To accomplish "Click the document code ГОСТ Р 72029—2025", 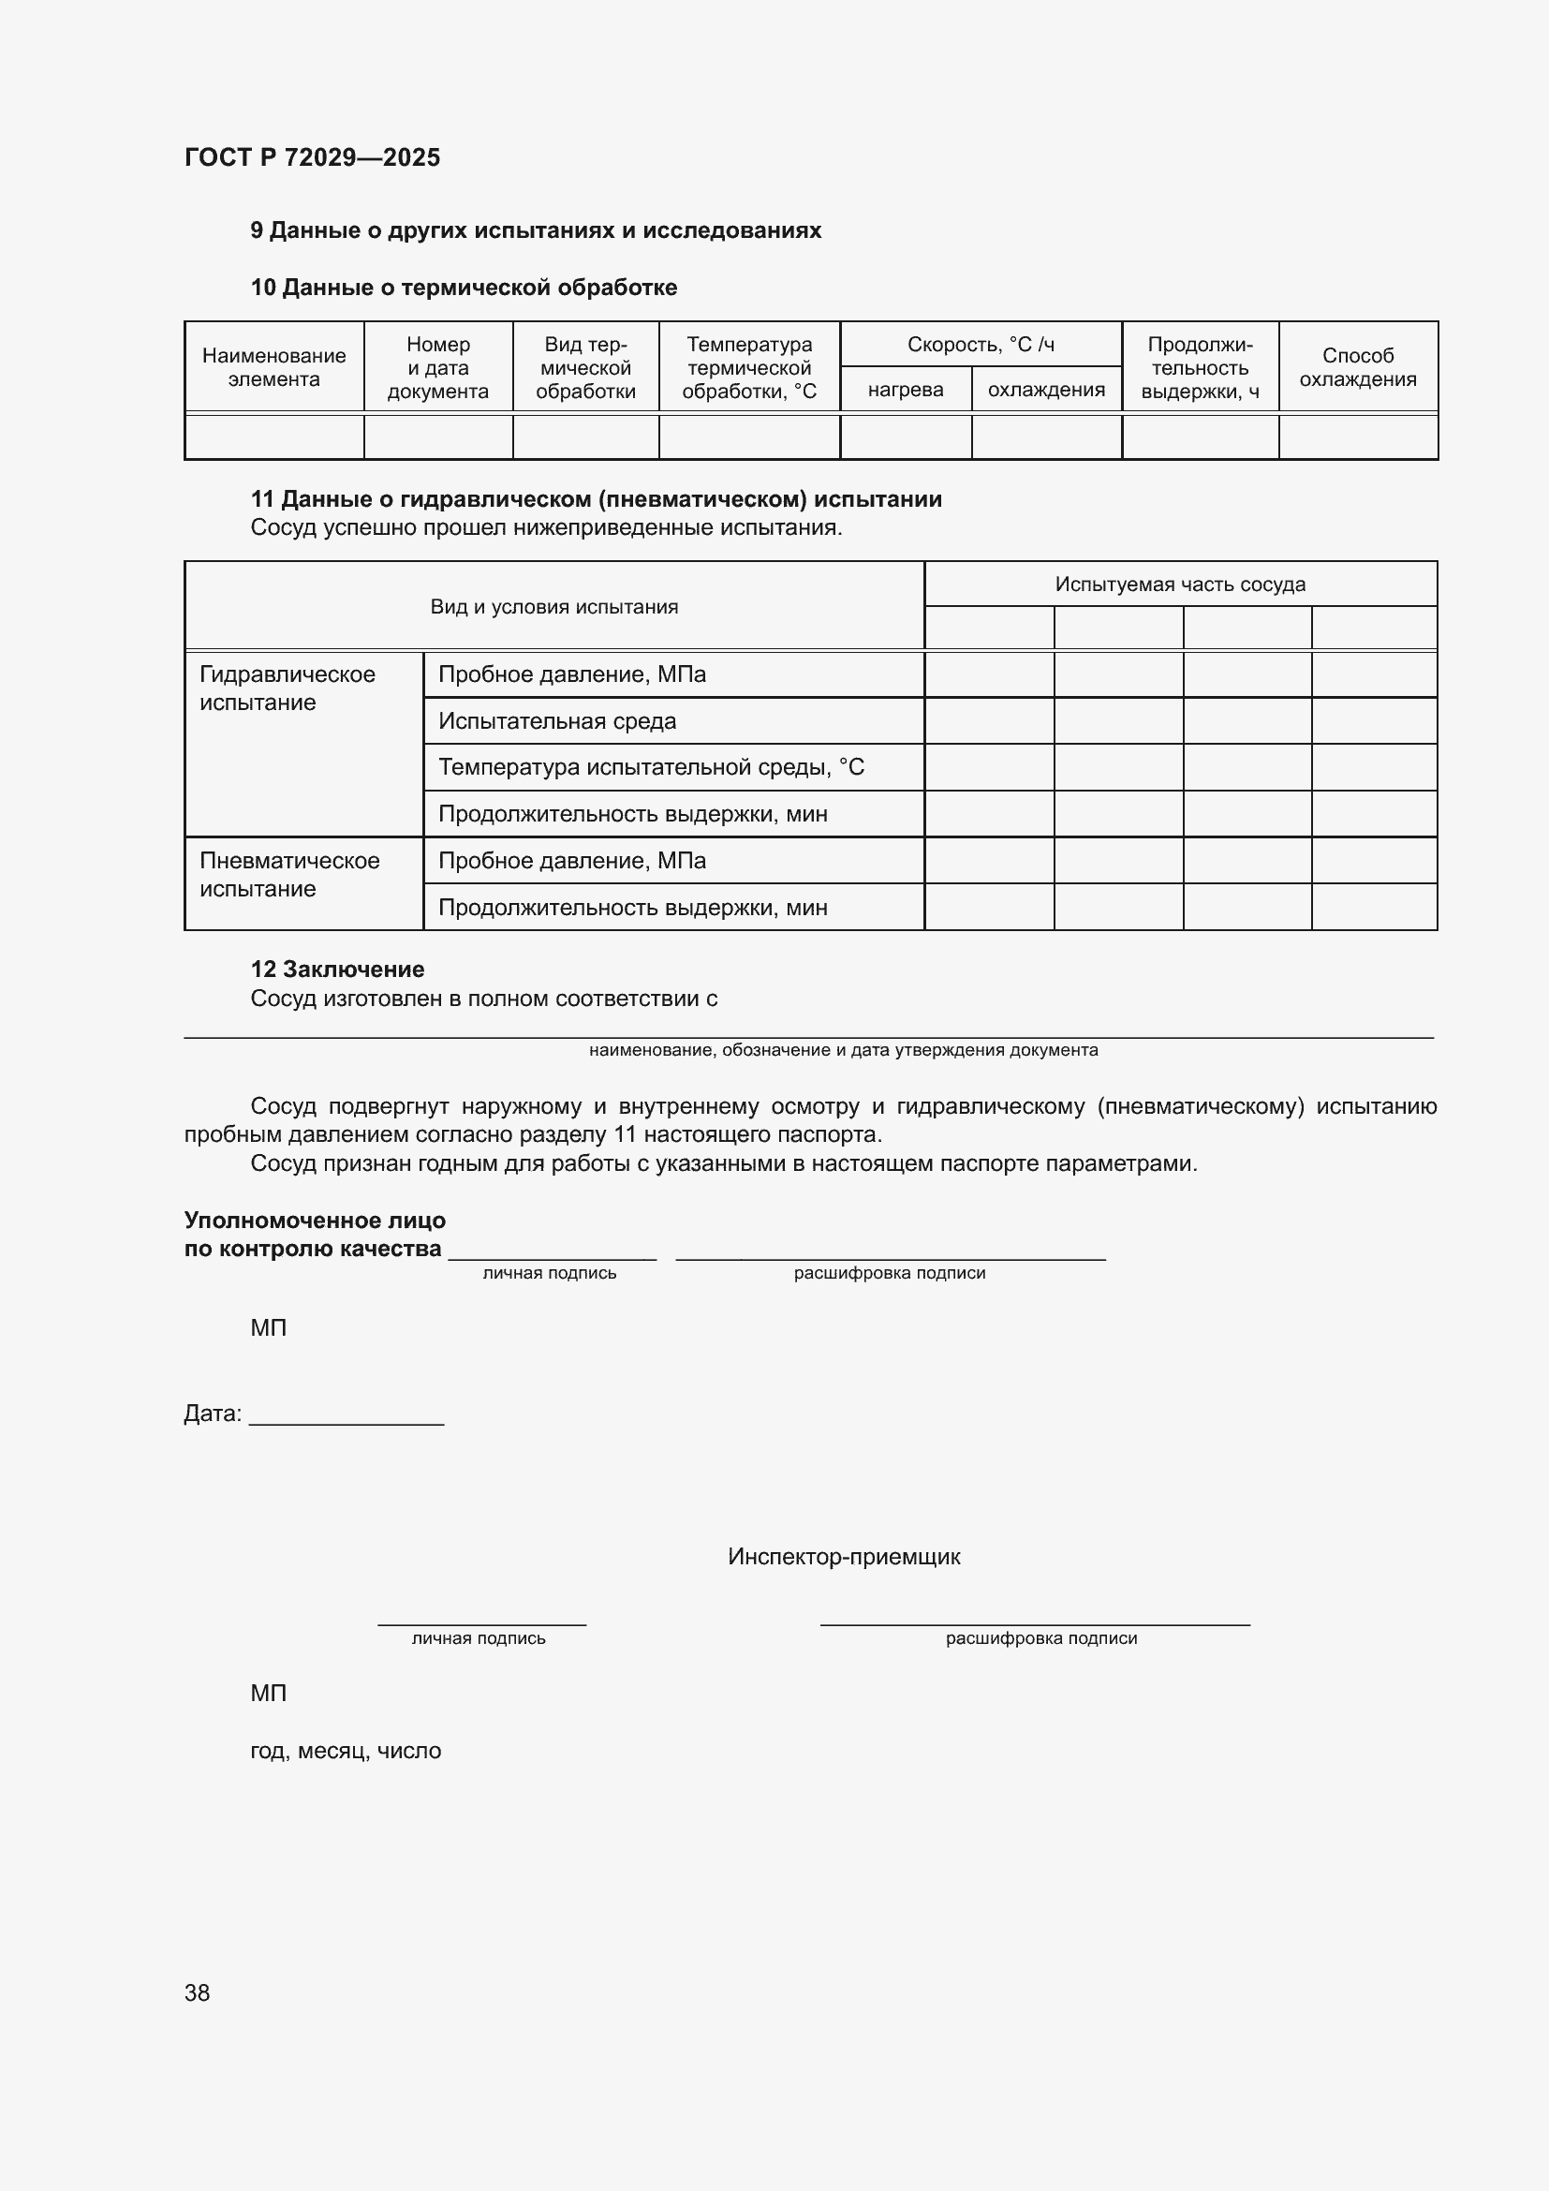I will [x=312, y=157].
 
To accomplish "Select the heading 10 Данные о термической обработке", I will [x=464, y=288].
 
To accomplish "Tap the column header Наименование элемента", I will [x=273, y=367].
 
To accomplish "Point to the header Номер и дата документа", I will [x=437, y=367].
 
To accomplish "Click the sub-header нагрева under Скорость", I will [x=906, y=390].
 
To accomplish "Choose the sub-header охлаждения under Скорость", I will [x=1046, y=390].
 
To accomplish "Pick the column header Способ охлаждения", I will [x=1357, y=367].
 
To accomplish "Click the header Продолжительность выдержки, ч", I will [x=1200, y=367].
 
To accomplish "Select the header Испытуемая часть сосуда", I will [x=1180, y=584].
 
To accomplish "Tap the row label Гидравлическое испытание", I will [x=288, y=688].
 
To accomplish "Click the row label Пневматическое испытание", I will [x=289, y=874].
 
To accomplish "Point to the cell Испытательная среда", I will [x=557, y=720].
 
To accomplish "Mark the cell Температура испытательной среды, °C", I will [x=651, y=767].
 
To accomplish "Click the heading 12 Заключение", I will [x=338, y=969].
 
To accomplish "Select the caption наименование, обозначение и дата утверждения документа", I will [x=843, y=1050].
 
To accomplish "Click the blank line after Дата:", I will [x=347, y=1417].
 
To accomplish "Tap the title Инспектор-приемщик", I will [x=844, y=1557].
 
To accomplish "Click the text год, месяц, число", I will [x=346, y=1751].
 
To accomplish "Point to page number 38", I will [x=198, y=1992].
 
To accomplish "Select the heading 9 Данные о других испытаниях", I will [x=535, y=230].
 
